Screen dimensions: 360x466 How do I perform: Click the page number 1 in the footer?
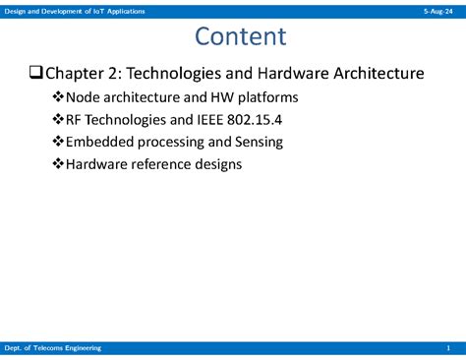447,348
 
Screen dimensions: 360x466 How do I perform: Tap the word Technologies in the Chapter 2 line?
181,74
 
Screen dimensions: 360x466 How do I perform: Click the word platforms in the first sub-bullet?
265,98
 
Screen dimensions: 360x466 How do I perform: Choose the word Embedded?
103,142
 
